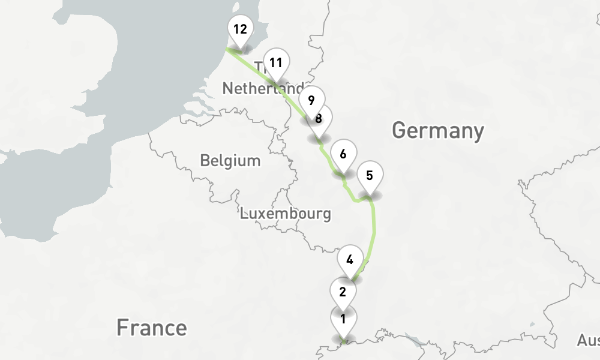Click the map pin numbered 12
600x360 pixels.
tap(240, 30)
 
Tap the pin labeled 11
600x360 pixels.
tap(275, 62)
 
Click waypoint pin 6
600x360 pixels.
tap(343, 154)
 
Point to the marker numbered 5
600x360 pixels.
tap(370, 176)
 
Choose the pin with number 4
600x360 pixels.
tap(350, 261)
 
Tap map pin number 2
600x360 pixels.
tap(343, 292)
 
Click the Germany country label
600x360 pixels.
tap(437, 130)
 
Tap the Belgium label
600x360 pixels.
tap(230, 161)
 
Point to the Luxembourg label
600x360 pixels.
tap(286, 213)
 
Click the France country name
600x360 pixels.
tap(151, 328)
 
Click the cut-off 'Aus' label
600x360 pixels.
tap(588, 341)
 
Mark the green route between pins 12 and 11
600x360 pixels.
tap(252, 64)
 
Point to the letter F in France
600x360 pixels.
tap(122, 328)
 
